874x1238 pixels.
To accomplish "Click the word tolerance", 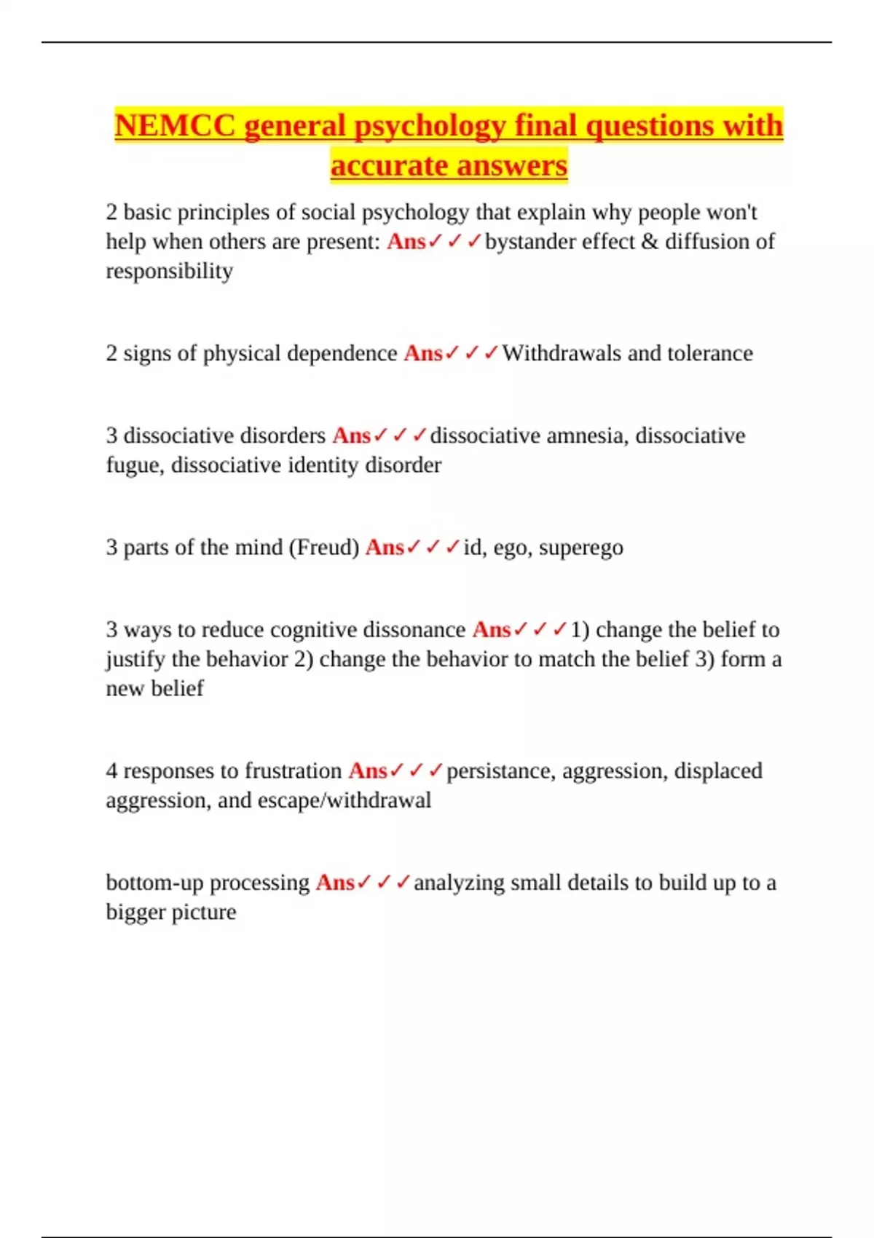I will tap(710, 353).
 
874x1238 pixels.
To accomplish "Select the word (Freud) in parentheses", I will tap(324, 547).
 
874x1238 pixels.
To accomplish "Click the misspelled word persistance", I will tap(499, 770).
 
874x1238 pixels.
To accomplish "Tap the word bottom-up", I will tap(154, 883).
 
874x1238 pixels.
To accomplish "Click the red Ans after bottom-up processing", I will tap(335, 883).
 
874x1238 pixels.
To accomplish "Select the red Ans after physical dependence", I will tap(423, 353).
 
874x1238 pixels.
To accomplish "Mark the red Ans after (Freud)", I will tap(385, 547).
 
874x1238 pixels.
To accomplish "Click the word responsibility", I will tap(169, 271).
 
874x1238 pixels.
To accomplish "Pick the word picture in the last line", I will tap(203, 912).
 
